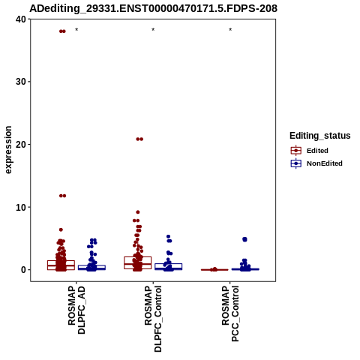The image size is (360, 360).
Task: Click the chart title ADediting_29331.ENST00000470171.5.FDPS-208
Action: pos(153,8)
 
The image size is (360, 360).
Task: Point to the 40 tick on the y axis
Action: pos(21,19)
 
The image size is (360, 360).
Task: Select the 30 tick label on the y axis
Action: pos(21,82)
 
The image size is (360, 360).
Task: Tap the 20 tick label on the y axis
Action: pos(21,145)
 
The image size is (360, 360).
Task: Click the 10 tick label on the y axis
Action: pos(21,207)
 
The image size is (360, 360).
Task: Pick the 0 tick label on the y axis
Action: pos(24,270)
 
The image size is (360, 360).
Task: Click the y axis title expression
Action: pos(8,150)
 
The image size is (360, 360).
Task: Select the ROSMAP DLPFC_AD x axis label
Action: pos(76,310)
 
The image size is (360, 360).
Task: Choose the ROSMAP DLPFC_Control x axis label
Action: pos(153,319)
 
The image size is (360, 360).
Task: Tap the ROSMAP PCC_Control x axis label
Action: pos(230,313)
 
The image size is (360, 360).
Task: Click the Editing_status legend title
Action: pos(320,136)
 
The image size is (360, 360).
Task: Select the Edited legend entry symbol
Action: pos(296,151)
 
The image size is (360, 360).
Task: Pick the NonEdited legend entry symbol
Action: pos(296,163)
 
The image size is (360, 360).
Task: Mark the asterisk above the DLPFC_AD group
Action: pos(76,30)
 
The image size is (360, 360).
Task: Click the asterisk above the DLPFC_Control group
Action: pos(153,30)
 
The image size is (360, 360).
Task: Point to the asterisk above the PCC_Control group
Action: pos(230,30)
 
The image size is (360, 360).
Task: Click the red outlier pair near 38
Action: pos(62,31)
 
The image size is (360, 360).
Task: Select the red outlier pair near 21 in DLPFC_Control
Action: pos(139,139)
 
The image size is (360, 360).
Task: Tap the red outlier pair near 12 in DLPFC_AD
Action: pos(62,196)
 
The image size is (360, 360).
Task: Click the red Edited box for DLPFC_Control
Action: pos(138,262)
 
